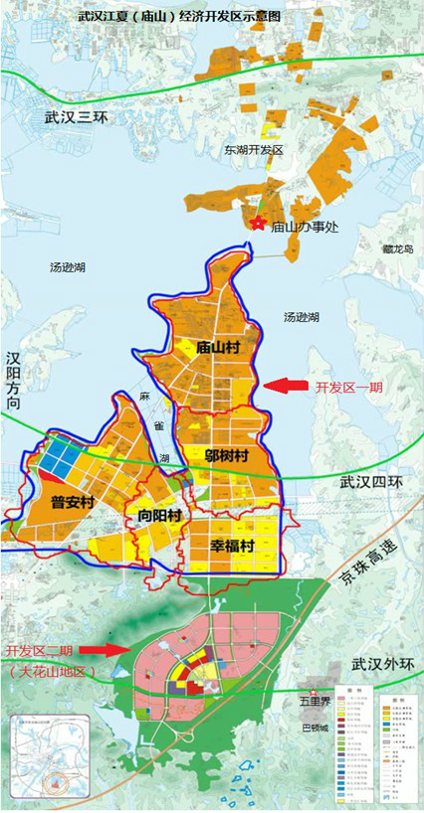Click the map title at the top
pyautogui.click(x=211, y=17)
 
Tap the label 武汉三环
pyautogui.click(x=75, y=117)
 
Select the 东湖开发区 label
pyautogui.click(x=254, y=150)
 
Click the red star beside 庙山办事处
pyautogui.click(x=258, y=224)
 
